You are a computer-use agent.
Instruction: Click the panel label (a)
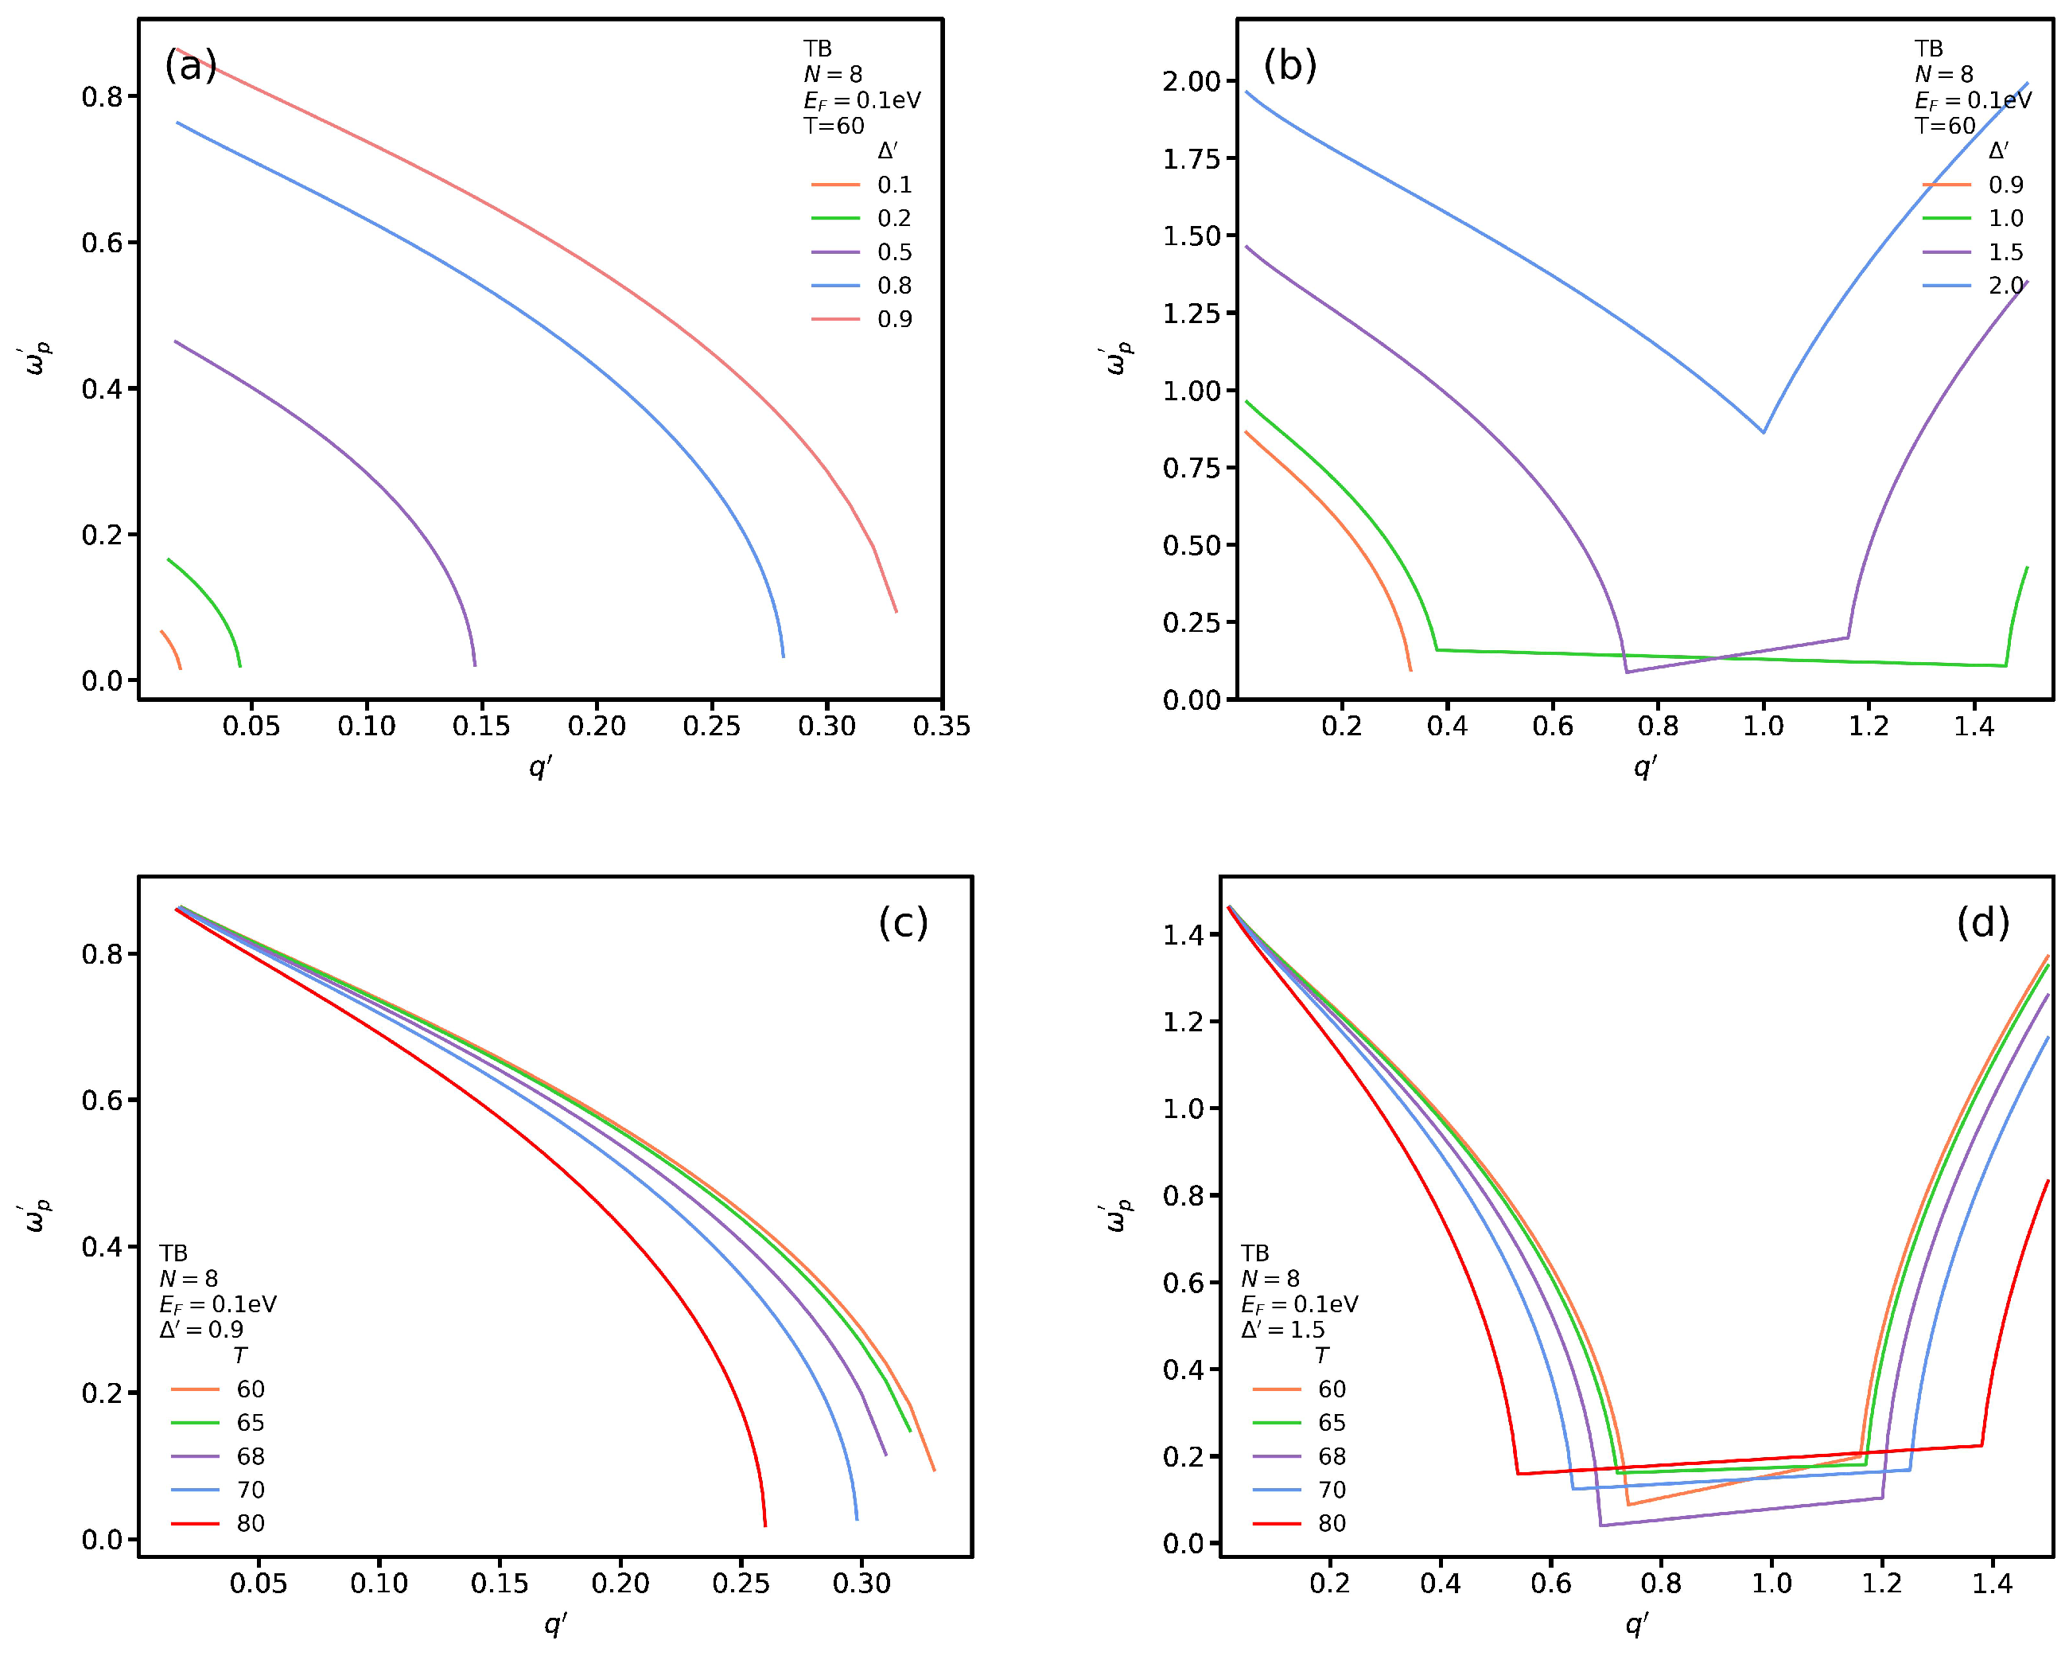pyautogui.click(x=191, y=66)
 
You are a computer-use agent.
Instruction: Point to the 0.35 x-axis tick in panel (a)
pyautogui.click(x=941, y=727)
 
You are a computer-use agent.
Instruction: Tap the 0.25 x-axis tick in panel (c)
pyautogui.click(x=741, y=1584)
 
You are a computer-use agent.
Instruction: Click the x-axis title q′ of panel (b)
pyautogui.click(x=1645, y=766)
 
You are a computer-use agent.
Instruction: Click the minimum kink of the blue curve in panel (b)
pyautogui.click(x=1763, y=432)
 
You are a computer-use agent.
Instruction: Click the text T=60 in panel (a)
pyautogui.click(x=833, y=126)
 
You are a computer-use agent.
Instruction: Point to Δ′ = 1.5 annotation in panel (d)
pyautogui.click(x=1282, y=1330)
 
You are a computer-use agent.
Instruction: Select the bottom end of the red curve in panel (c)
pyautogui.click(x=765, y=1525)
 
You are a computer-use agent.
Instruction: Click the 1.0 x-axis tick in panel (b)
pyautogui.click(x=1763, y=727)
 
